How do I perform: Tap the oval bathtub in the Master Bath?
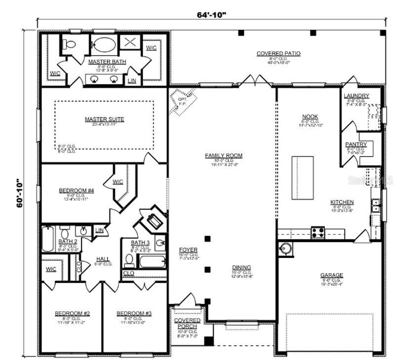tap(104, 44)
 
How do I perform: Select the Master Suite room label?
tap(104, 119)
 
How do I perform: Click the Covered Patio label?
tap(278, 53)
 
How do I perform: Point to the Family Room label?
tap(224, 156)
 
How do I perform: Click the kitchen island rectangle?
tap(303, 178)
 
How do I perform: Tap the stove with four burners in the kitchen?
tap(317, 231)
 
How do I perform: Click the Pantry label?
tap(356, 144)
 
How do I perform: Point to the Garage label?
tap(331, 275)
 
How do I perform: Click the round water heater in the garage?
tap(286, 249)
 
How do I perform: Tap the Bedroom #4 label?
tap(74, 190)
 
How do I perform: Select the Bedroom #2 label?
tap(72, 313)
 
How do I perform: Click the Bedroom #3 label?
tap(134, 313)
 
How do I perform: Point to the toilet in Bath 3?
tap(129, 259)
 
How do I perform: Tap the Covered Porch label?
tap(188, 324)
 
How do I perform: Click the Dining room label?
tap(242, 267)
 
